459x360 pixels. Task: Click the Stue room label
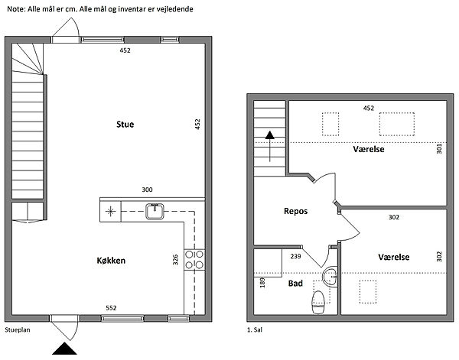click(x=125, y=125)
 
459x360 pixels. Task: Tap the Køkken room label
click(x=111, y=261)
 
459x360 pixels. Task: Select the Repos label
click(x=295, y=211)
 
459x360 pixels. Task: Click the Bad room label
click(x=295, y=283)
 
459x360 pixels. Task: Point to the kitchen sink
click(x=155, y=212)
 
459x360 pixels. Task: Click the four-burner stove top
click(x=194, y=260)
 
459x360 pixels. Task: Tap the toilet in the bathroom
click(x=318, y=302)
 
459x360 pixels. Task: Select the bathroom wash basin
click(x=330, y=276)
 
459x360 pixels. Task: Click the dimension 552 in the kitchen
click(x=111, y=308)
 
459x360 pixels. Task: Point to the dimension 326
click(x=175, y=260)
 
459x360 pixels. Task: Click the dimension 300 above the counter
click(x=147, y=190)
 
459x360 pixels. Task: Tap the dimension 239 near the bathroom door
click(x=295, y=257)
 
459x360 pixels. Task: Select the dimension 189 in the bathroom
click(x=262, y=283)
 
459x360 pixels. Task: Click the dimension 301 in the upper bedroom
click(x=439, y=148)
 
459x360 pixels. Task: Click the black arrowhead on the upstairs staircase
click(x=269, y=135)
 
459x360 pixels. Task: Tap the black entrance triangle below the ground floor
click(x=64, y=349)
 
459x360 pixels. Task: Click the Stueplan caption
click(x=18, y=330)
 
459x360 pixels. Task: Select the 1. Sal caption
click(x=255, y=330)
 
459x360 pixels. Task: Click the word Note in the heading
click(x=16, y=9)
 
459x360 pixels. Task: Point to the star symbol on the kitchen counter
click(x=110, y=212)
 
